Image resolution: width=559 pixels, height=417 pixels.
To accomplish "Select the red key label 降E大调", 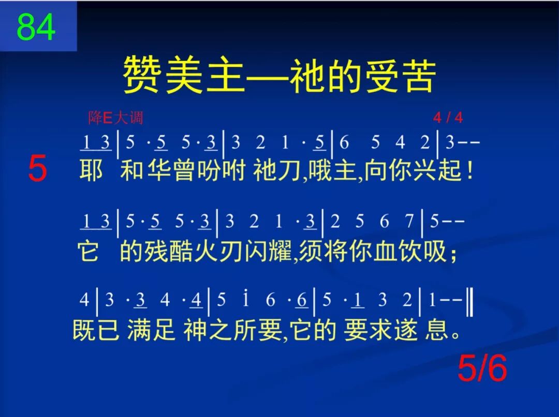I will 115,118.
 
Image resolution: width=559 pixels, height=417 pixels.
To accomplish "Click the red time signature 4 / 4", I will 448,118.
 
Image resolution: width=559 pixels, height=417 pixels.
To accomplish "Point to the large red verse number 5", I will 37,169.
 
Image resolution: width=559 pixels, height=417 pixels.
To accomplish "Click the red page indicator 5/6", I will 482,368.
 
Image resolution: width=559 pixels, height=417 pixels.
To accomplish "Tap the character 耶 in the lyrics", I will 91,171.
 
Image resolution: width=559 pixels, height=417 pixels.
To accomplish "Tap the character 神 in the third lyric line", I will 195,330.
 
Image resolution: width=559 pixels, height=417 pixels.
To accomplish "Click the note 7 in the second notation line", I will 409,222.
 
